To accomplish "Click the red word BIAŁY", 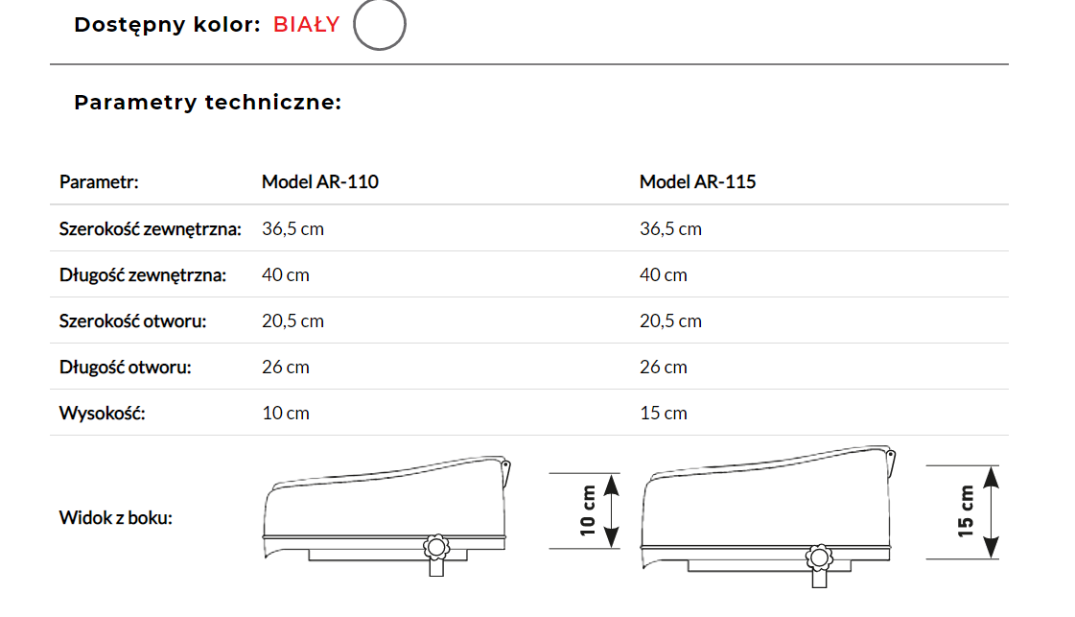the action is click(x=307, y=25).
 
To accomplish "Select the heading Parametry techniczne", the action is click(x=208, y=103).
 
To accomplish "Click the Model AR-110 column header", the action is click(x=320, y=182).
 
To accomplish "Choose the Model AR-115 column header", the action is click(x=698, y=182).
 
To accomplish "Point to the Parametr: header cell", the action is click(x=99, y=182).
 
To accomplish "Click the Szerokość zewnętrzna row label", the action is click(x=151, y=228).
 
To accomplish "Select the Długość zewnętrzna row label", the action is click(x=143, y=275).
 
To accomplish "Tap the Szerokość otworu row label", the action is click(x=132, y=321).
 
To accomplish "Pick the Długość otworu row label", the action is click(x=125, y=368).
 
